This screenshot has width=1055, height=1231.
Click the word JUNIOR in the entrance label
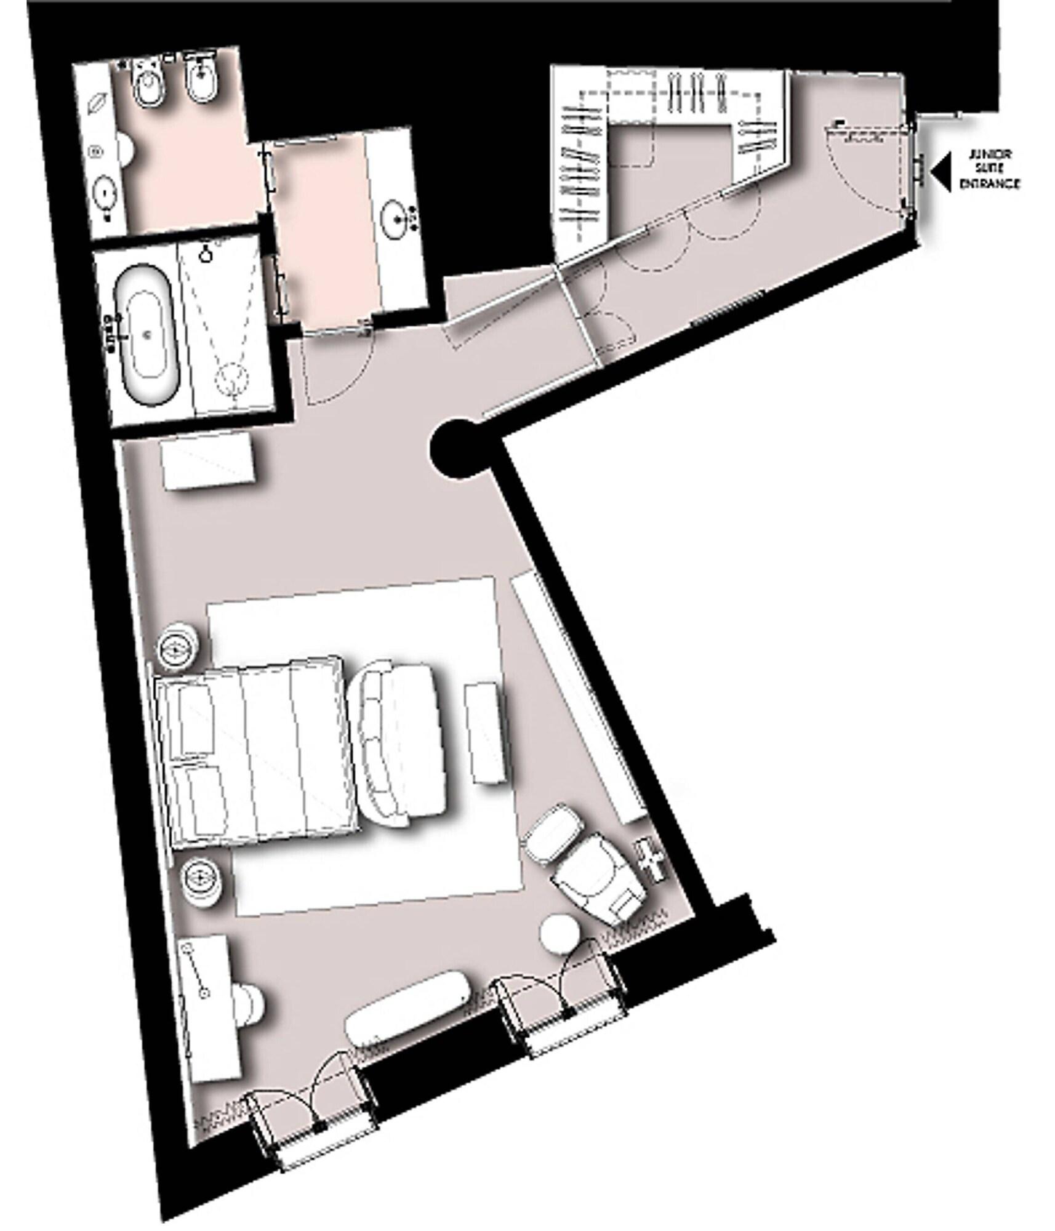[990, 154]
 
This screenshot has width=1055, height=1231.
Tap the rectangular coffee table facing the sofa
[487, 732]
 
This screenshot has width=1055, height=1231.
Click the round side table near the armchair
[560, 934]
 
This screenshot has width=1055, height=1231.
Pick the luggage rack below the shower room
[209, 460]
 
